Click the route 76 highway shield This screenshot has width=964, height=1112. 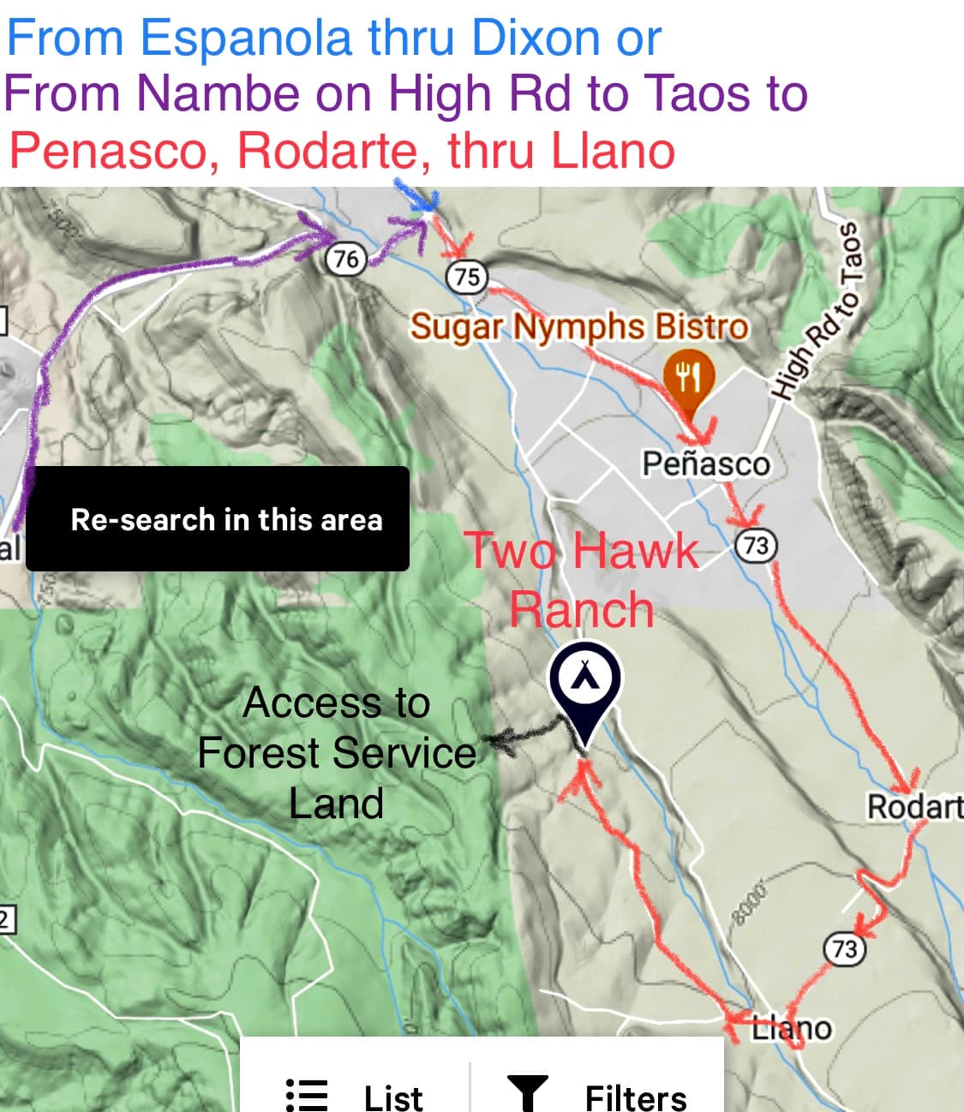click(x=345, y=258)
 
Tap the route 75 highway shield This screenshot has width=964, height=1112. click(x=467, y=276)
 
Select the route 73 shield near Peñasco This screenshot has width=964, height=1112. click(x=756, y=546)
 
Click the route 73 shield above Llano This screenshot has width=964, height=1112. click(x=844, y=948)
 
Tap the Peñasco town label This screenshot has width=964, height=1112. click(x=706, y=463)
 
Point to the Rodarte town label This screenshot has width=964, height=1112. click(x=914, y=806)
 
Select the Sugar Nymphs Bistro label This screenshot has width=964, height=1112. click(x=578, y=326)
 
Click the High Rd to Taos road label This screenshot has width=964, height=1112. click(x=816, y=311)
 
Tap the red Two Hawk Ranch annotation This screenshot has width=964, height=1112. click(x=582, y=579)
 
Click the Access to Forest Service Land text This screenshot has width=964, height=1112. click(x=336, y=753)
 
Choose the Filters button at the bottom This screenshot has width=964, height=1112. click(x=597, y=1095)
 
